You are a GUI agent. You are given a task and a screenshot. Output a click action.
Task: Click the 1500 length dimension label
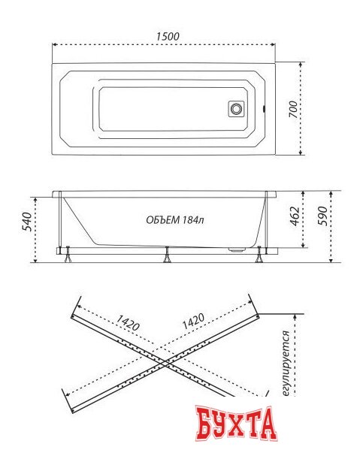click(168, 37)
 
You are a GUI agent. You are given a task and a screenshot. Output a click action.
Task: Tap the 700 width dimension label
click(293, 109)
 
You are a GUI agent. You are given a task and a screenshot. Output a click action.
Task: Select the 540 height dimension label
click(27, 222)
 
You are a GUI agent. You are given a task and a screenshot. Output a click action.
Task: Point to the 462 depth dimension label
click(295, 216)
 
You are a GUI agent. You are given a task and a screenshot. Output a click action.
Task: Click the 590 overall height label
click(323, 216)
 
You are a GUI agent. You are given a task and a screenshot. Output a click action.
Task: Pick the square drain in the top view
click(237, 109)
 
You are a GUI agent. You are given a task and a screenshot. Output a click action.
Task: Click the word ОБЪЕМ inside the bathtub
click(163, 220)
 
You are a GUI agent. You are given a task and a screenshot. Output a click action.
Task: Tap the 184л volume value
click(193, 220)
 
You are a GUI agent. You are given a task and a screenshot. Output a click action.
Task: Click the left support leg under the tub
click(68, 255)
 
